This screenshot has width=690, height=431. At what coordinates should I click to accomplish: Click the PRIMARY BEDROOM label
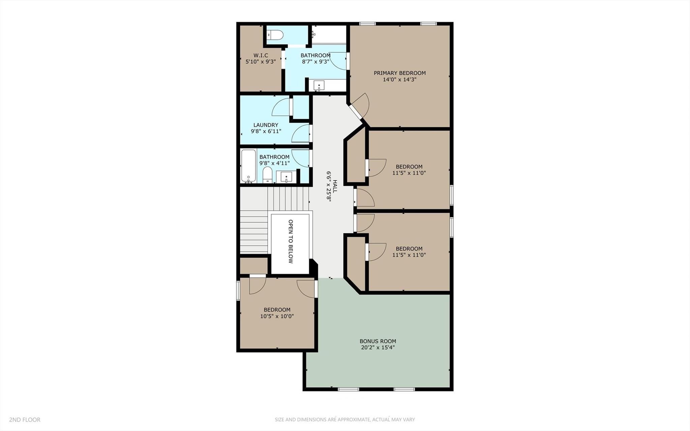click(x=399, y=73)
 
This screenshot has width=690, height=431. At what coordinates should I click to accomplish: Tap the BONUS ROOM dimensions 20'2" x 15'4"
click(x=378, y=347)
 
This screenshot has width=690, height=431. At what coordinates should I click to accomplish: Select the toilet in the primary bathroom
click(x=274, y=35)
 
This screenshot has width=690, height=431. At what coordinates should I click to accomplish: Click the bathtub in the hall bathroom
click(x=248, y=166)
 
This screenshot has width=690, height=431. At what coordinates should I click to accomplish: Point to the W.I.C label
click(x=261, y=55)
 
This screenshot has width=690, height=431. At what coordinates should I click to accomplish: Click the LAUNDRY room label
click(x=266, y=125)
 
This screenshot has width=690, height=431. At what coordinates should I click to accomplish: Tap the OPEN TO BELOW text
click(x=291, y=241)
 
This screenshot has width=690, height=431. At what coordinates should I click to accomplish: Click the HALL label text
click(x=335, y=186)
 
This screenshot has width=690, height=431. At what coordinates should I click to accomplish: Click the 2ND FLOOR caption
click(x=25, y=420)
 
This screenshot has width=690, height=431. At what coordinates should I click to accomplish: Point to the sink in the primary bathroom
click(x=319, y=85)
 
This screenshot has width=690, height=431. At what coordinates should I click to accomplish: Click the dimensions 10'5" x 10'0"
click(x=277, y=316)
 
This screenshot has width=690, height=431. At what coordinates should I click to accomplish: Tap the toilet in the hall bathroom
click(x=268, y=175)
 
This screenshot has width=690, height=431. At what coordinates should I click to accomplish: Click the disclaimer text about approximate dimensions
click(x=344, y=420)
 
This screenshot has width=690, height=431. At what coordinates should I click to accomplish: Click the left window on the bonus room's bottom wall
click(x=348, y=389)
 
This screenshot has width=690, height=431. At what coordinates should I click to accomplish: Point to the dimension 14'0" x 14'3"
click(x=399, y=80)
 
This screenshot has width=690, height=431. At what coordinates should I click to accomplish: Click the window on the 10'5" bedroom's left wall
click(x=238, y=290)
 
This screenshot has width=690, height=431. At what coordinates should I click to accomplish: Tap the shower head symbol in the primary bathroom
click(x=313, y=34)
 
